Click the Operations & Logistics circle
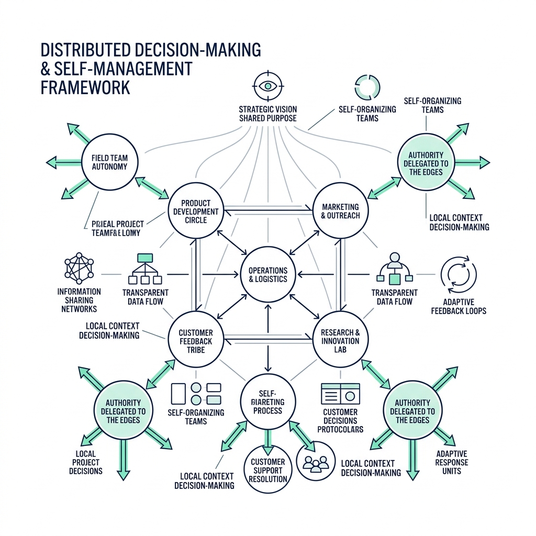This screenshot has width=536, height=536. click(x=267, y=274)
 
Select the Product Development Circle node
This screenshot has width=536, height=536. click(x=196, y=211)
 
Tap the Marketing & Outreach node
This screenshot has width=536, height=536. click(x=340, y=211)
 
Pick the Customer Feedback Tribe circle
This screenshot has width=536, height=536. click(x=195, y=341)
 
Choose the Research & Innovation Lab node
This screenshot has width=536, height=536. click(x=340, y=341)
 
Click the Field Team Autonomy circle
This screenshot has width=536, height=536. click(x=110, y=162)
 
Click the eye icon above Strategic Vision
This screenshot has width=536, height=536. click(x=267, y=85)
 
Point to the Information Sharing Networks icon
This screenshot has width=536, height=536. click(x=79, y=268)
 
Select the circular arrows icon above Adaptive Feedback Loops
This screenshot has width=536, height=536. click(x=459, y=274)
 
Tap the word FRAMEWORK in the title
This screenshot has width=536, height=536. click(x=85, y=86)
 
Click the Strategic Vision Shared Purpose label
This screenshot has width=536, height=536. click(x=267, y=114)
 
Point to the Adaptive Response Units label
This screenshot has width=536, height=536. click(x=451, y=462)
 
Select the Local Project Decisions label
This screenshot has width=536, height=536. click(x=85, y=462)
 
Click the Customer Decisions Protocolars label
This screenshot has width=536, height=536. click(x=340, y=421)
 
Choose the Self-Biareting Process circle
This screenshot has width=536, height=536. click(x=267, y=402)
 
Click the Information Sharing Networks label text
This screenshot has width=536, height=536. click(x=79, y=300)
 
